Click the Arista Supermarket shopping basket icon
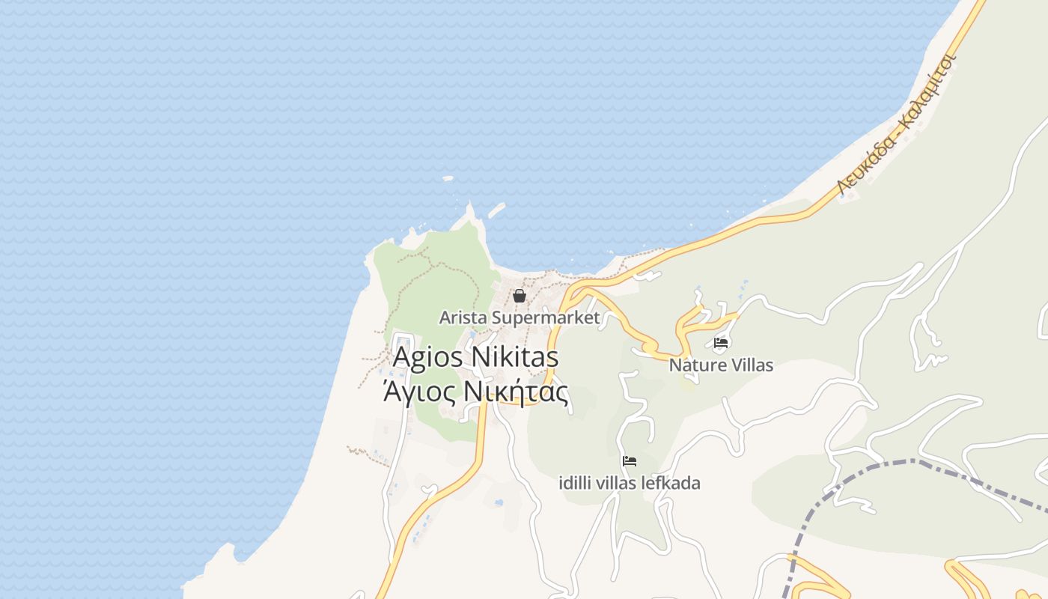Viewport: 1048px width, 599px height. pyautogui.click(x=519, y=296)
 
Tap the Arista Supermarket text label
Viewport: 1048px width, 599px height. pyautogui.click(x=519, y=317)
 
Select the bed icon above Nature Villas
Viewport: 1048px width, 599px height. pyautogui.click(x=721, y=343)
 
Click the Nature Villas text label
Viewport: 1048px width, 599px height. pyautogui.click(x=721, y=365)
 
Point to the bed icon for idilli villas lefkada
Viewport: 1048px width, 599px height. pyautogui.click(x=630, y=460)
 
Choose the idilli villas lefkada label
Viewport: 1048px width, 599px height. pyautogui.click(x=630, y=483)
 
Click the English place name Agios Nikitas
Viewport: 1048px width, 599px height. pyautogui.click(x=475, y=357)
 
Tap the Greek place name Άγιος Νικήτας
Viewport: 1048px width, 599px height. pyautogui.click(x=475, y=392)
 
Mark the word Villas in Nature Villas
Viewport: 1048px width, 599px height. pyautogui.click(x=749, y=365)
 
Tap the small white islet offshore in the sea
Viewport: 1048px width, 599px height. pyautogui.click(x=448, y=178)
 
